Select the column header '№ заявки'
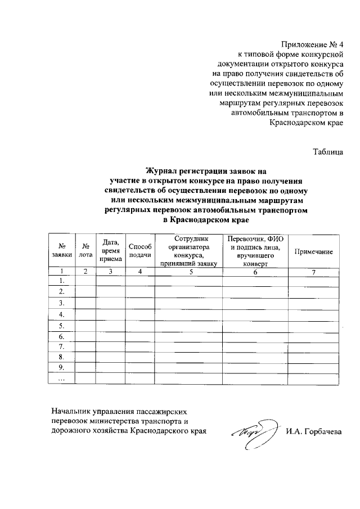tap(61, 250)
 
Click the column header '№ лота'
tap(85, 250)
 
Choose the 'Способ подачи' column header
tap(140, 250)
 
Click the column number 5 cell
tap(191, 272)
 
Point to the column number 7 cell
tap(314, 272)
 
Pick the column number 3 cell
tap(111, 272)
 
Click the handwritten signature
tap(253, 432)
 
